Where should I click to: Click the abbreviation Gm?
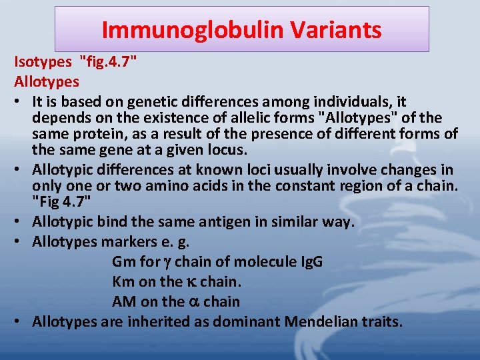[x=124, y=261]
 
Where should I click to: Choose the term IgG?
[x=309, y=261]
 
